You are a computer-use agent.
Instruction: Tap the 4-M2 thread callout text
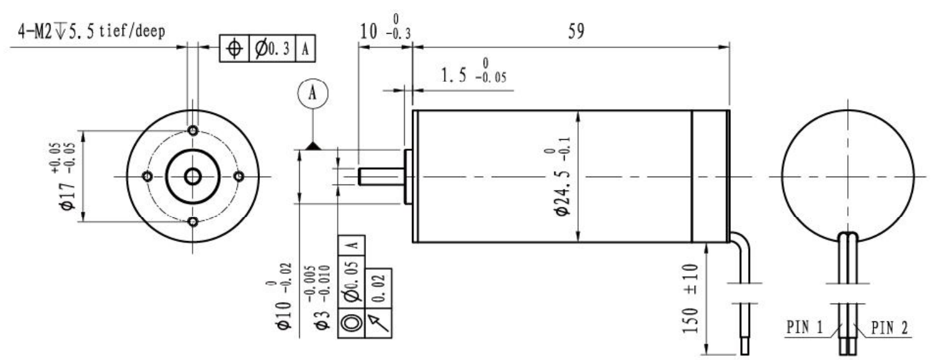click(x=91, y=31)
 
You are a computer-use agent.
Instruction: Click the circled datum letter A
click(x=313, y=93)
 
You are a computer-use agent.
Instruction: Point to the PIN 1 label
click(x=804, y=327)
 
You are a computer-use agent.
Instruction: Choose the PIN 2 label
click(x=890, y=328)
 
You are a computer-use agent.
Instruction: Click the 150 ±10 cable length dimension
click(x=690, y=298)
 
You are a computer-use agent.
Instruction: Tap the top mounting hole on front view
click(x=193, y=131)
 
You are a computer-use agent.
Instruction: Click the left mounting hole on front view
click(x=147, y=176)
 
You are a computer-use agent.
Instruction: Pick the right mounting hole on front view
click(x=239, y=176)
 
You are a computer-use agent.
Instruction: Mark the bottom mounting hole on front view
click(x=193, y=221)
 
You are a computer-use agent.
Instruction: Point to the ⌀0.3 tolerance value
click(x=272, y=49)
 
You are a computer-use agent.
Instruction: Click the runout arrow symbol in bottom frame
click(x=378, y=323)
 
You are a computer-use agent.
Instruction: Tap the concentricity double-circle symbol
click(x=351, y=323)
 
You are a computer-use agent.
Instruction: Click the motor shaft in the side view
click(x=381, y=176)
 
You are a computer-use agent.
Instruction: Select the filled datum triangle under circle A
click(x=313, y=146)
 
